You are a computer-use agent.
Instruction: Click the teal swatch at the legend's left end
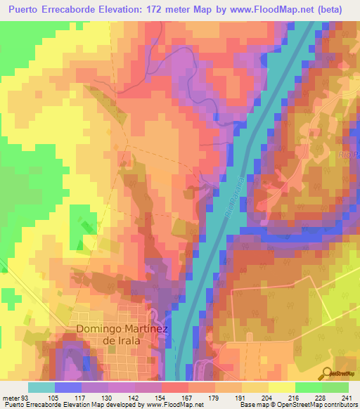tap(41, 387)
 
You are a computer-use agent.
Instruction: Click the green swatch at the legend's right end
tap(335, 387)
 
